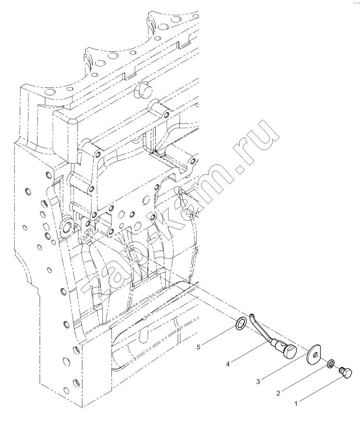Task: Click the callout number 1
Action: pos(296,404)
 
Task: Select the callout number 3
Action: pos(258,381)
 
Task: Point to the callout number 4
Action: pos(228,364)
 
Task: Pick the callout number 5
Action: pos(198,347)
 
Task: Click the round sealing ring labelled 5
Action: pos(241,324)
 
